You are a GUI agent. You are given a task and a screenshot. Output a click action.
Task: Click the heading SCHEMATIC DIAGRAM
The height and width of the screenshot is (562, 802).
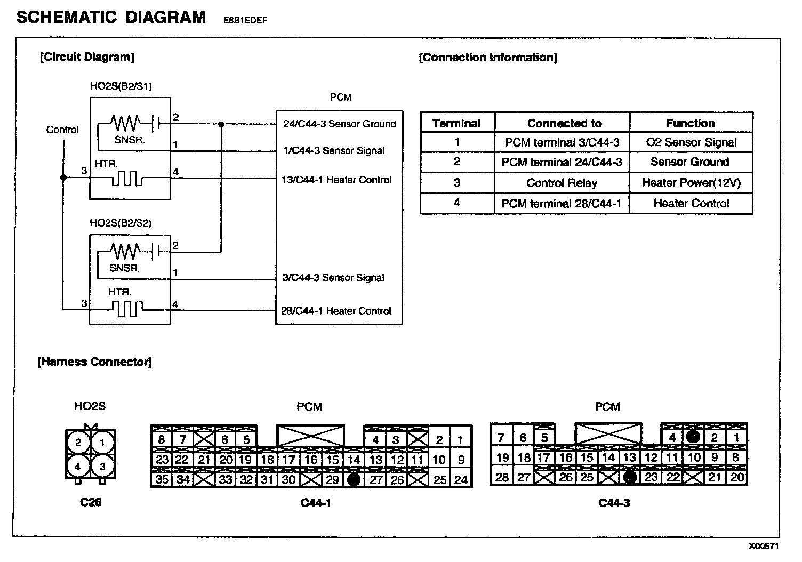pos(111,18)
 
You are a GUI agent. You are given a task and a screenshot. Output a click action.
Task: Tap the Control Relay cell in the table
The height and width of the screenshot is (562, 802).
pos(562,183)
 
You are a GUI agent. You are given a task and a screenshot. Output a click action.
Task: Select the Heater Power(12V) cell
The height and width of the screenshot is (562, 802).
pos(691,183)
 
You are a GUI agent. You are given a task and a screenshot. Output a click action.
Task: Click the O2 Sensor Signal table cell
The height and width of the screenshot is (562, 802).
pos(691,142)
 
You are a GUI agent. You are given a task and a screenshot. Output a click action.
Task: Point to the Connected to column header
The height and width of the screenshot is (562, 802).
pos(564,124)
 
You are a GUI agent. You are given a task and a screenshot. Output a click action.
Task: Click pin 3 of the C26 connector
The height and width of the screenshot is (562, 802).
pos(102,467)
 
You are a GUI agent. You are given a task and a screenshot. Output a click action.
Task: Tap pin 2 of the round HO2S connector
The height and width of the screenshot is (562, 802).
pos(78,442)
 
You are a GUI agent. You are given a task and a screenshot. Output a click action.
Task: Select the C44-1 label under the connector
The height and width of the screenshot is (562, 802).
pos(316,503)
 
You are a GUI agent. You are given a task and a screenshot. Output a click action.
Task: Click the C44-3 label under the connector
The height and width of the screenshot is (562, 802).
pos(614,503)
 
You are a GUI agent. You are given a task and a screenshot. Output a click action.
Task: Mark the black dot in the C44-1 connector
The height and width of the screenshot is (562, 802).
pos(354,480)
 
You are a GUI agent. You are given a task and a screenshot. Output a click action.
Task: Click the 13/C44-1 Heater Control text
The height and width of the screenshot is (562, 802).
pos(336,180)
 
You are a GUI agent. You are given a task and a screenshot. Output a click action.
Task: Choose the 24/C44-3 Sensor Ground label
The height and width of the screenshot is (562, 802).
pos(340,124)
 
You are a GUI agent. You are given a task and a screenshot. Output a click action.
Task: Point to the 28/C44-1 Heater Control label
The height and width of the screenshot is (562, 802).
pos(336,311)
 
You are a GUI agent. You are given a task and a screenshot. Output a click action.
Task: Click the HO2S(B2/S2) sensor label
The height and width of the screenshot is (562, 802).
pos(121,223)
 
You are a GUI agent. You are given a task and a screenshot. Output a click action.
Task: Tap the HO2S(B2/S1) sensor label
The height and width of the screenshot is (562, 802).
pos(121,86)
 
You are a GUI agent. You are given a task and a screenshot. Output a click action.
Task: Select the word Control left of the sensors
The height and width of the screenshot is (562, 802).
pos(62,130)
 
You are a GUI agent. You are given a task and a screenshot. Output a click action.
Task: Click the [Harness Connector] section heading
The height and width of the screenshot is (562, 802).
pos(95,362)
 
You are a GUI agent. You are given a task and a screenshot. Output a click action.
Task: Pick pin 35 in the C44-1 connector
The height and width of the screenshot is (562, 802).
pos(162,479)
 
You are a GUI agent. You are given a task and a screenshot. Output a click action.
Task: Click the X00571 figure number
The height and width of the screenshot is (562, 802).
pos(764,547)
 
